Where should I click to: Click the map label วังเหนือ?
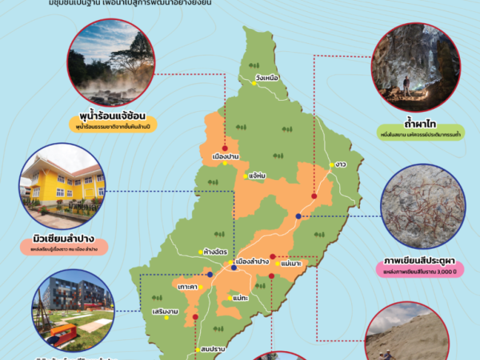[267, 78]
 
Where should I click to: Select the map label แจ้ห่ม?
[258, 174]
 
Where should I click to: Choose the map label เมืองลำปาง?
[252, 262]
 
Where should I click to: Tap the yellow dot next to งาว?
[330, 165]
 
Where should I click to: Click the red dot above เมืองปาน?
[226, 147]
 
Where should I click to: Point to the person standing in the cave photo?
[406, 84]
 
